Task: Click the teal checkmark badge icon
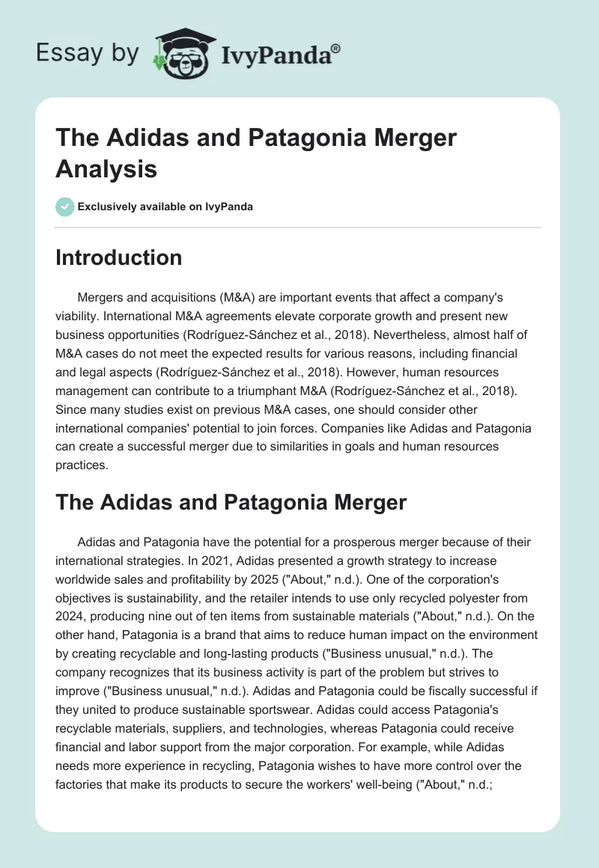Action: click(x=65, y=207)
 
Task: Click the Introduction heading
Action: click(x=119, y=258)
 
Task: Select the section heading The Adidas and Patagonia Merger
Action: click(x=231, y=501)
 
